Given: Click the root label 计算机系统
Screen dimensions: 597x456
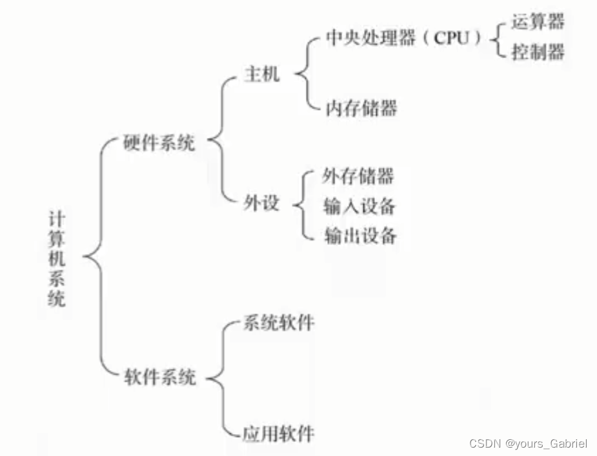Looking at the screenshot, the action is point(57,258).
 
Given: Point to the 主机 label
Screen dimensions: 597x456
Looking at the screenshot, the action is point(262,74).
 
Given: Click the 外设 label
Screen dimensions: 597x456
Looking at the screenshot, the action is point(262,204).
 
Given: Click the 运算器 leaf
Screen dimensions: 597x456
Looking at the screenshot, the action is point(538,22).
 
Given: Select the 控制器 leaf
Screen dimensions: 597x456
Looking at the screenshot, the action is point(538,52).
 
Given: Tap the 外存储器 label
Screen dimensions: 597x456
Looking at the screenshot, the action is point(358,175).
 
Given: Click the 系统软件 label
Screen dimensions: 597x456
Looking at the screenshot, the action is point(278,322).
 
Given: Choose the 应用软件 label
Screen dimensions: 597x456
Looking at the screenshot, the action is point(278,431).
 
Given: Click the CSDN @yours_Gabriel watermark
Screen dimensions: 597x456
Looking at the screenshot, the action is point(528,443).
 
